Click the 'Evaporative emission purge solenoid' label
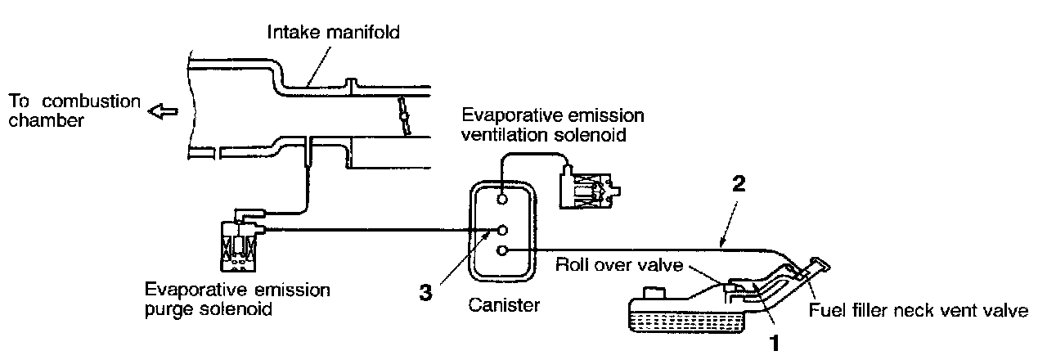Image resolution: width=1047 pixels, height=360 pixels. (236, 300)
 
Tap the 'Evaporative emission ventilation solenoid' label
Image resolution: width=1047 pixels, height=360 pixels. (553, 124)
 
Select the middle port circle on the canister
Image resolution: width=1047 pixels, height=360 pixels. (503, 230)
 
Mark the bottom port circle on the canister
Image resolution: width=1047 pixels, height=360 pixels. (503, 250)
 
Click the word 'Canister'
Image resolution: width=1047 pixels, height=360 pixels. (504, 306)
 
